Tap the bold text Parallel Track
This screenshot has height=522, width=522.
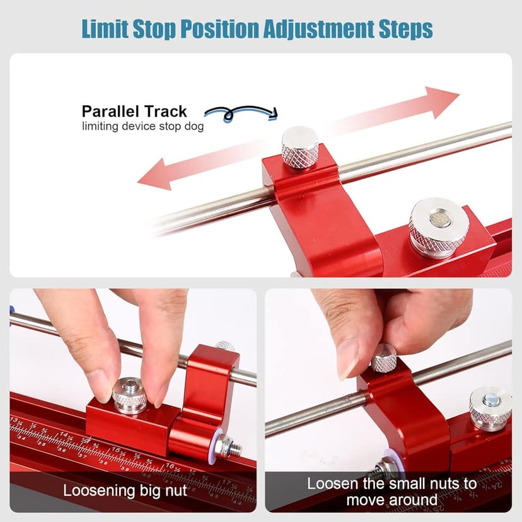134,112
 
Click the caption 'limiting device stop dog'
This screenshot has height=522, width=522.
142,126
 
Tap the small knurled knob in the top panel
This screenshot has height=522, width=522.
299,146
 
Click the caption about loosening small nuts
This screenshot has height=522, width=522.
391,492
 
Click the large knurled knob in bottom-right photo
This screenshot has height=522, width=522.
490,408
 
